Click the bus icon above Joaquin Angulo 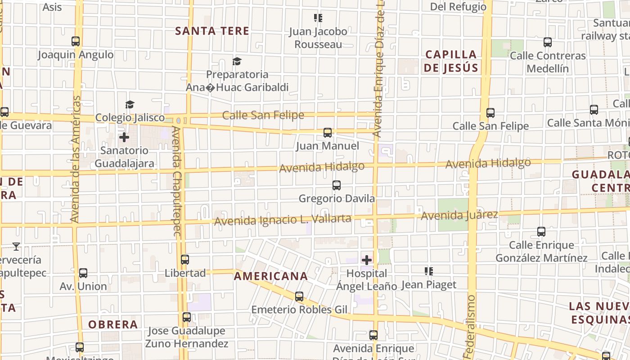(76, 41)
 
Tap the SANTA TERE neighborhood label (212, 31)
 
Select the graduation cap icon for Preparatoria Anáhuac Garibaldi (237, 61)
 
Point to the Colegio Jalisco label (130, 117)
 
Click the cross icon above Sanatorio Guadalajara (124, 137)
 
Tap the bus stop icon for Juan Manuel (328, 133)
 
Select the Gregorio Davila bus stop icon (336, 185)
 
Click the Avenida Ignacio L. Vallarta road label (283, 220)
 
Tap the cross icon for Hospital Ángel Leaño (367, 260)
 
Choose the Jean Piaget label (428, 284)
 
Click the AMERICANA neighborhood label (271, 276)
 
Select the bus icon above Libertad (185, 260)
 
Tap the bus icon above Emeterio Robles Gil (299, 297)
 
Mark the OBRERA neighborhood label (113, 324)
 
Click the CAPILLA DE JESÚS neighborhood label (451, 61)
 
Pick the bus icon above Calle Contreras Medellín (548, 42)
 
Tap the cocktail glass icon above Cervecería (16, 246)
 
